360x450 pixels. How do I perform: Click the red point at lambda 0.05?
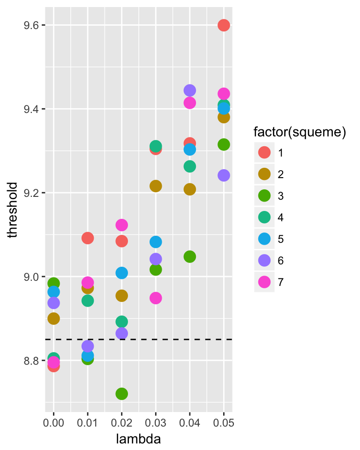(224, 25)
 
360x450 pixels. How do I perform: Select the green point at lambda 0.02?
(122, 394)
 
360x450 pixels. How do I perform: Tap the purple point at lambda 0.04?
(190, 90)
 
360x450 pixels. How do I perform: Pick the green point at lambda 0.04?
(190, 257)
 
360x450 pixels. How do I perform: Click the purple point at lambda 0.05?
(224, 175)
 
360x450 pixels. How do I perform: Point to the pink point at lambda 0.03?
(156, 298)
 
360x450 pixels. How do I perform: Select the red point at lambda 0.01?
(88, 238)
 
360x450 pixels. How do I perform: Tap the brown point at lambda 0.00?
(54, 319)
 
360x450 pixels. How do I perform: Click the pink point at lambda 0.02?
(122, 225)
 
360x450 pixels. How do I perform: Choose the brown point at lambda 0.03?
(156, 186)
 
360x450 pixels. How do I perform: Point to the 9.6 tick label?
(32, 25)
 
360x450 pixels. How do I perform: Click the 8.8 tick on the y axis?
(32, 361)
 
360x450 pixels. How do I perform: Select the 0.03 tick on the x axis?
(156, 423)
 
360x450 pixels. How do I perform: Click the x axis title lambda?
(139, 439)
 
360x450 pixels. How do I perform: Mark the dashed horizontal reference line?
(141, 339)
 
